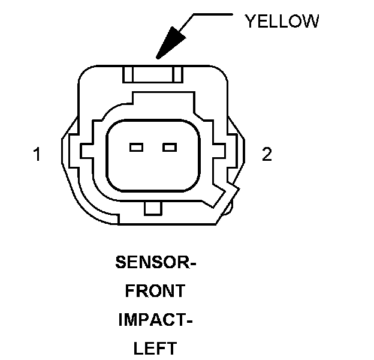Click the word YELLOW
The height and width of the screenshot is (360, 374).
(282, 22)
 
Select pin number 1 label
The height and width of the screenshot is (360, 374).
(37, 155)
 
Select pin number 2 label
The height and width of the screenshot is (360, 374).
(267, 155)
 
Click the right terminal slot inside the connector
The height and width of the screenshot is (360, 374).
(170, 147)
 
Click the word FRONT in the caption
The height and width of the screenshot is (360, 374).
(155, 291)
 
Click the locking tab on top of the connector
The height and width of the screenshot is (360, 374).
(152, 74)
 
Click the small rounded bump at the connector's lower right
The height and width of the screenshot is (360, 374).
(230, 206)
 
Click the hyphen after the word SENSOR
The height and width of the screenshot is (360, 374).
(193, 263)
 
